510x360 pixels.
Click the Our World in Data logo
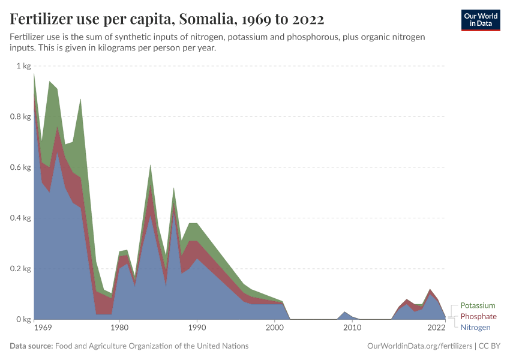click(x=480, y=20)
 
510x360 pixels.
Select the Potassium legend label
click(x=478, y=305)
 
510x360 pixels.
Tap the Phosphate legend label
click(x=478, y=316)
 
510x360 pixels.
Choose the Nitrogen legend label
click(x=476, y=327)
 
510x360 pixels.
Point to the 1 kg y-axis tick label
click(x=23, y=66)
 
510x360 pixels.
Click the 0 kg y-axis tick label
click(x=23, y=319)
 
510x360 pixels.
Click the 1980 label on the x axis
click(x=119, y=328)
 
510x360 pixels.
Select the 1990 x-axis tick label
click(x=197, y=328)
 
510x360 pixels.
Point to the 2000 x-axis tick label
click(x=274, y=328)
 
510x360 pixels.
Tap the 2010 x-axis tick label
click(x=352, y=328)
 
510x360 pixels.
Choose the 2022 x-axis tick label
click(x=436, y=328)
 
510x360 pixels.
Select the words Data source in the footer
click(x=30, y=346)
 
